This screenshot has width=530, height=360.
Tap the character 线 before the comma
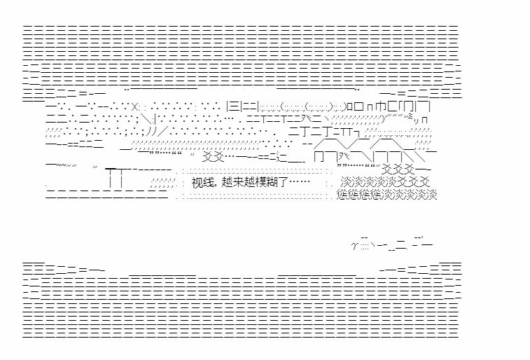tap(208, 182)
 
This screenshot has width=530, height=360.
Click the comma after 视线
tap(216, 184)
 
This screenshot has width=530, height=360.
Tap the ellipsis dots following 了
tap(299, 182)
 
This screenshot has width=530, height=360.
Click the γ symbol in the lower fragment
tap(354, 245)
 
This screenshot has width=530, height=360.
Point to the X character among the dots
tap(137, 107)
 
